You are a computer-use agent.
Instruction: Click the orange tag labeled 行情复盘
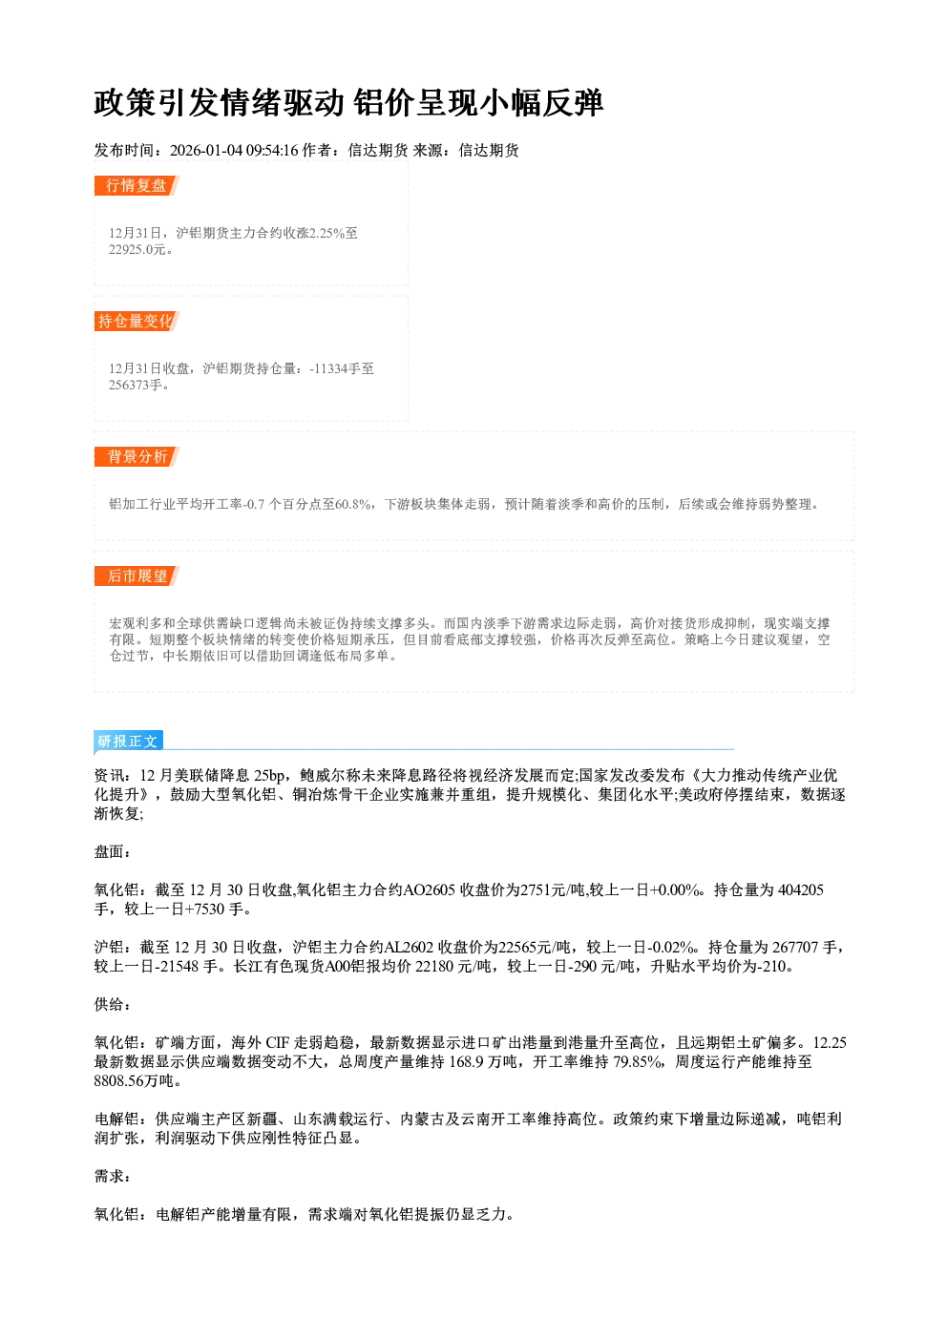coord(137,185)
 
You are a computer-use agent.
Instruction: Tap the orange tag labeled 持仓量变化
coord(137,321)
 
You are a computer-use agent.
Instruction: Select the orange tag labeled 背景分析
coord(137,457)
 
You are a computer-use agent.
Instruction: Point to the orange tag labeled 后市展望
coord(137,575)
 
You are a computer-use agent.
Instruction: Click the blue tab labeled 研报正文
coord(128,742)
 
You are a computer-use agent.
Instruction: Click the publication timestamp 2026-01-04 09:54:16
coord(234,150)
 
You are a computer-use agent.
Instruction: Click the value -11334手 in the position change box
coord(335,368)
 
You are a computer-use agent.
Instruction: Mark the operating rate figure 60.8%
coord(352,504)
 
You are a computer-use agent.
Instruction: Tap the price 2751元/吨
coord(554,890)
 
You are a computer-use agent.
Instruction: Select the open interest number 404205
coord(800,890)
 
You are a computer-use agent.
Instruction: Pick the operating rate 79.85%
coord(638,1062)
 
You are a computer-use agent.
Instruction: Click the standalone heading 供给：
coord(113,1005)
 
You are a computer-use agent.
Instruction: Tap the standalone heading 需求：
coord(113,1177)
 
